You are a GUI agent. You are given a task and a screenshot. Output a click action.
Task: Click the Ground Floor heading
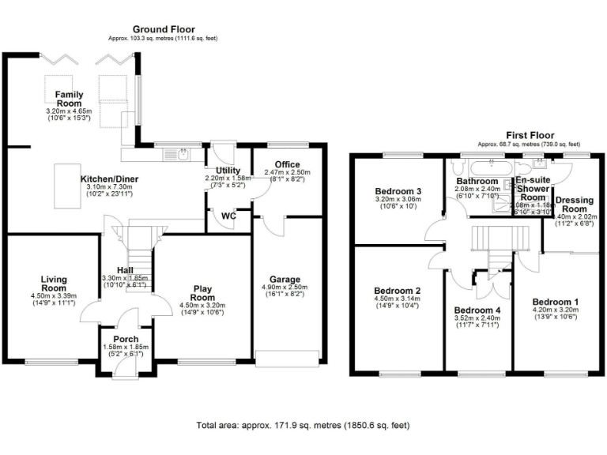[163, 29]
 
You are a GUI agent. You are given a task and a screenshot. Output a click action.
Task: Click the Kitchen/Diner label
[110, 179]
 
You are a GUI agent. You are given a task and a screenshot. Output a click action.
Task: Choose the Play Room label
[203, 293]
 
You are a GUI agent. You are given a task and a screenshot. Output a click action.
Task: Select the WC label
[229, 215]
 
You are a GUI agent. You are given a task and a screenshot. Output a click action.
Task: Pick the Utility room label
[222, 171]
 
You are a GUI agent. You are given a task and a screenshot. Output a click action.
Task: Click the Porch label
[126, 340]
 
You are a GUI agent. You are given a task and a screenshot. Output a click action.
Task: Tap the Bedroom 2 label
[397, 290]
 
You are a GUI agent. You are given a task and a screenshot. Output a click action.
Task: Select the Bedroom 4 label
[477, 309]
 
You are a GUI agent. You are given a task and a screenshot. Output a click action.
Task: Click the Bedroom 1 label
[555, 302]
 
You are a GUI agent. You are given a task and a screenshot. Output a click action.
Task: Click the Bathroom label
[476, 181]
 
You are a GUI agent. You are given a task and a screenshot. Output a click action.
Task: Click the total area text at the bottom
[303, 425]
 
